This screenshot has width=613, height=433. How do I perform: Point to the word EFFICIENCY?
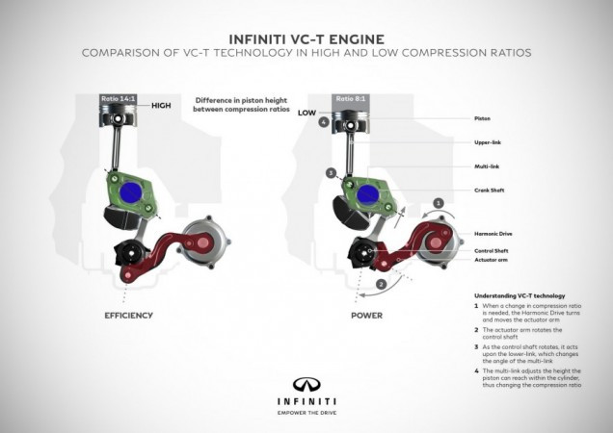128,315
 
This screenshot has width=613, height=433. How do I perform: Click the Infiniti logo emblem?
306,383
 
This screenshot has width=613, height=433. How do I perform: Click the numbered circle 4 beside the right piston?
324,123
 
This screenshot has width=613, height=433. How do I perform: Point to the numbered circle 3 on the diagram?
331,172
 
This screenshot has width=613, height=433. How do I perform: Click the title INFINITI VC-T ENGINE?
306,36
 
